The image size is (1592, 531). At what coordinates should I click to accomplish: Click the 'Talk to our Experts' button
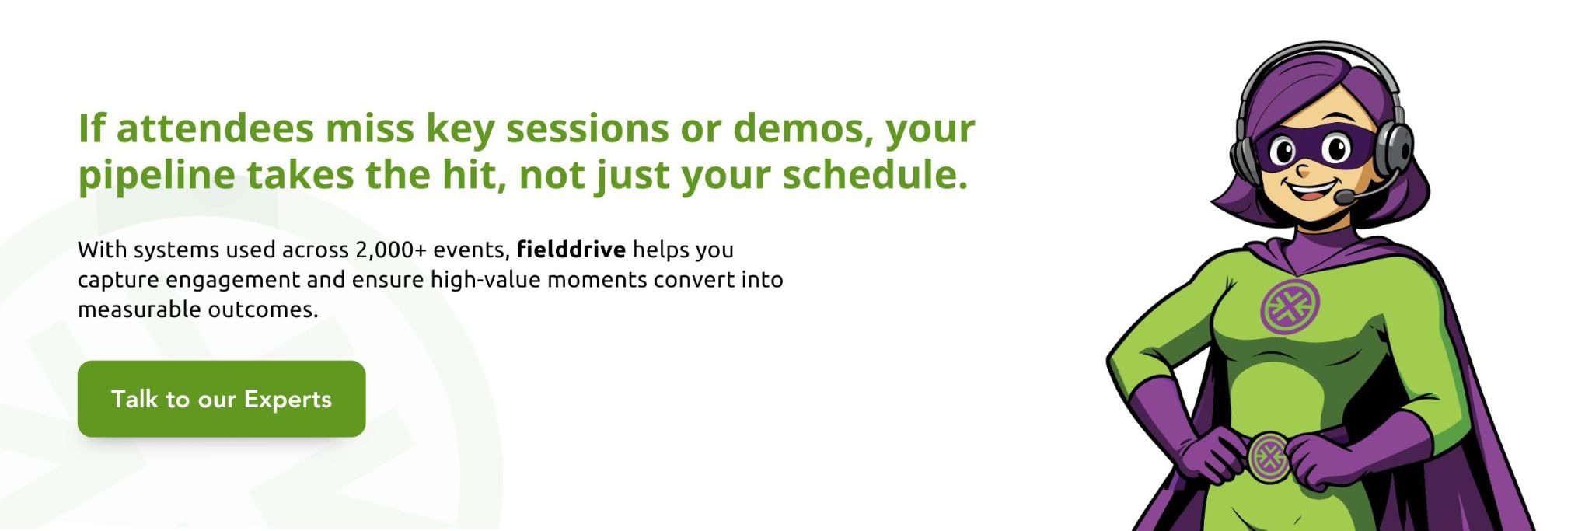pos(222,399)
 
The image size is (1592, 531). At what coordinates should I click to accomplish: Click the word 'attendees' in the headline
pos(215,128)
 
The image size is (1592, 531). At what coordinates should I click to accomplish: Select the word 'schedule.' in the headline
pos(875,175)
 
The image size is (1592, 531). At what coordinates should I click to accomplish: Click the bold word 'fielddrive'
pos(571,250)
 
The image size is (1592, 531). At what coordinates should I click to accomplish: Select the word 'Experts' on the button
pos(288,399)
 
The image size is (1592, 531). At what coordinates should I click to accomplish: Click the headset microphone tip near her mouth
pos(1342,198)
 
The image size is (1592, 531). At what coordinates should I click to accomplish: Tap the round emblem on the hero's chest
pos(1290,306)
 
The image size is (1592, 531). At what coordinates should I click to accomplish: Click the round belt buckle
pos(1269,457)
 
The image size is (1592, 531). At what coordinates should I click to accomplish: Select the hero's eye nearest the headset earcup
pos(1336,148)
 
